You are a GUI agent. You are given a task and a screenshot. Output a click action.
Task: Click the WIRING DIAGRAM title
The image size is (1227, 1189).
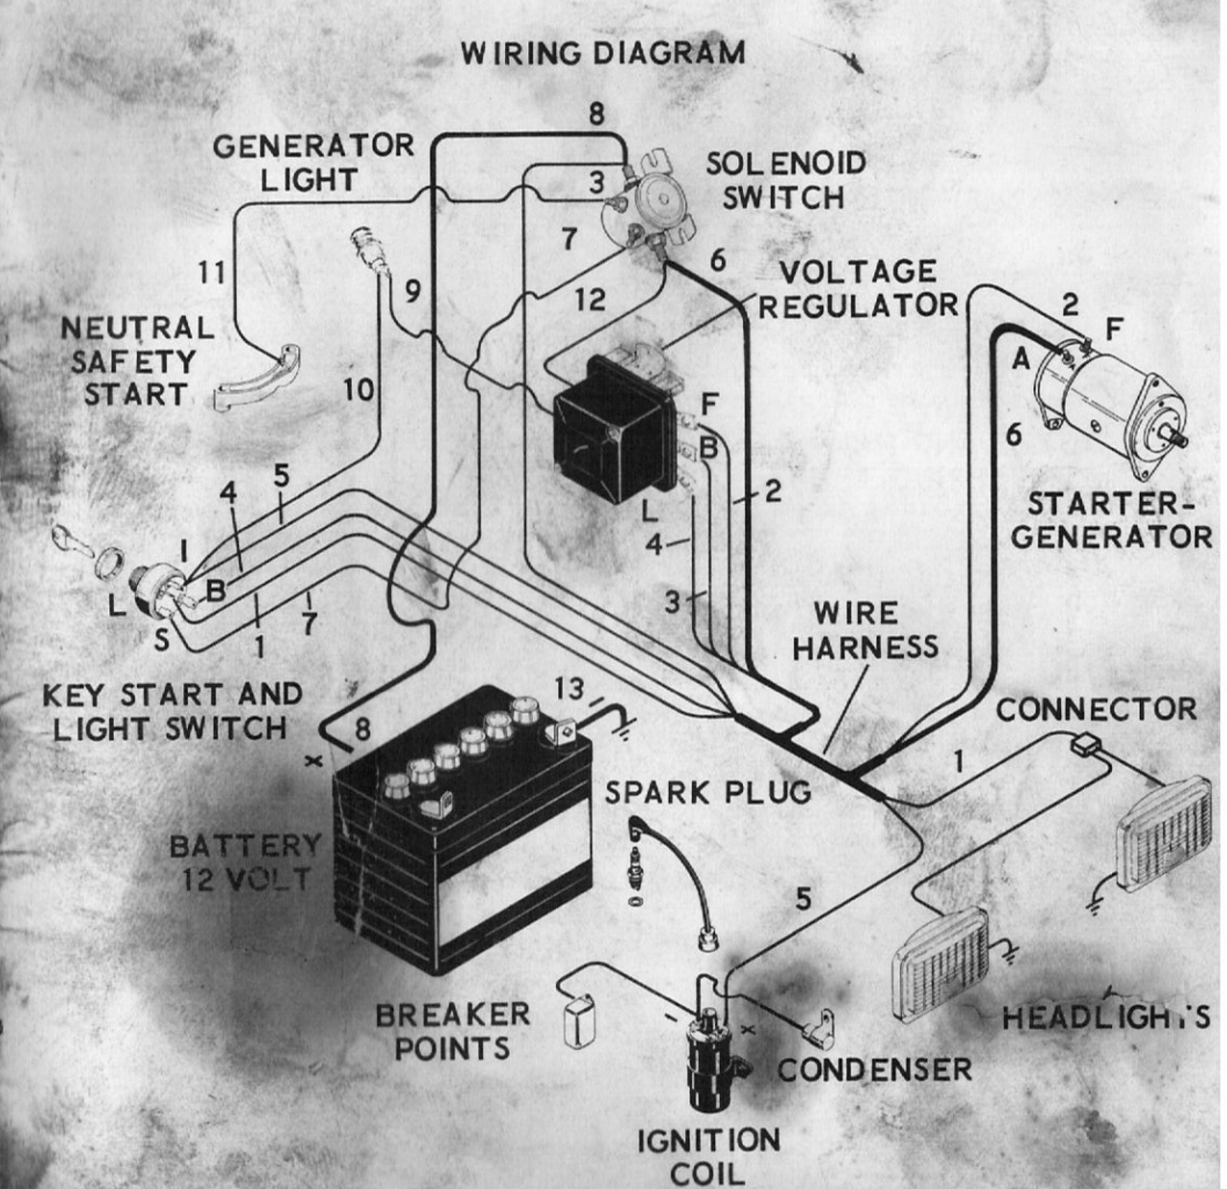tap(602, 53)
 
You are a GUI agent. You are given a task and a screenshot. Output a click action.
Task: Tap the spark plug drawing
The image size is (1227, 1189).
tap(636, 862)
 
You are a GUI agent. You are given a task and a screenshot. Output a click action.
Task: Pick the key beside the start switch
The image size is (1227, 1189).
tap(72, 538)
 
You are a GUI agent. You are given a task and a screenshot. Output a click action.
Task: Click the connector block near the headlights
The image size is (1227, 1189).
tap(1085, 742)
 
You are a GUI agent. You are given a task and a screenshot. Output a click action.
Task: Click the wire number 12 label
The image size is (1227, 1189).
tap(590, 300)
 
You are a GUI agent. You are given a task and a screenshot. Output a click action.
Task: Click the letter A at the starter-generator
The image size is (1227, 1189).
tap(1021, 359)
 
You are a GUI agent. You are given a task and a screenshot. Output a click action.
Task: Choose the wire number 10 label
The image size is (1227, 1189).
tap(358, 390)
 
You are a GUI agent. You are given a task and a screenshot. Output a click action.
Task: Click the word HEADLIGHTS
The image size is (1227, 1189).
tap(1105, 1017)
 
